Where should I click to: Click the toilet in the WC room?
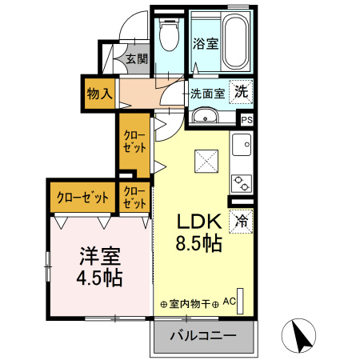(169, 34)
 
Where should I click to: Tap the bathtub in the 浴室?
(236, 41)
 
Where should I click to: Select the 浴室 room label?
(206, 43)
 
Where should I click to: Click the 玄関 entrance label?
(137, 58)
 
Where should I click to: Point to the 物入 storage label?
(99, 94)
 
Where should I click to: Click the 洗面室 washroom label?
(208, 94)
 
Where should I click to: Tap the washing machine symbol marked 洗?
(241, 92)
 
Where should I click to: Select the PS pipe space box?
(246, 120)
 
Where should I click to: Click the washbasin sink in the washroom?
(206, 117)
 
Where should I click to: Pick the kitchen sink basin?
(242, 145)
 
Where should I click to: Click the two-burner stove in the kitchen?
(242, 183)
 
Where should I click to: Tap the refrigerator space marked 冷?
(241, 222)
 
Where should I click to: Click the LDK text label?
(200, 222)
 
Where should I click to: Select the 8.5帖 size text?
(199, 243)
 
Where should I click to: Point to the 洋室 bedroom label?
(100, 256)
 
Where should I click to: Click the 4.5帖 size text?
(99, 278)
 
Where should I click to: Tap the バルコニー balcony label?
(203, 335)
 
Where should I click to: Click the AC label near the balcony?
(230, 302)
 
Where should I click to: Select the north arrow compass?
(298, 335)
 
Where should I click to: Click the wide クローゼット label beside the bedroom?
(82, 198)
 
